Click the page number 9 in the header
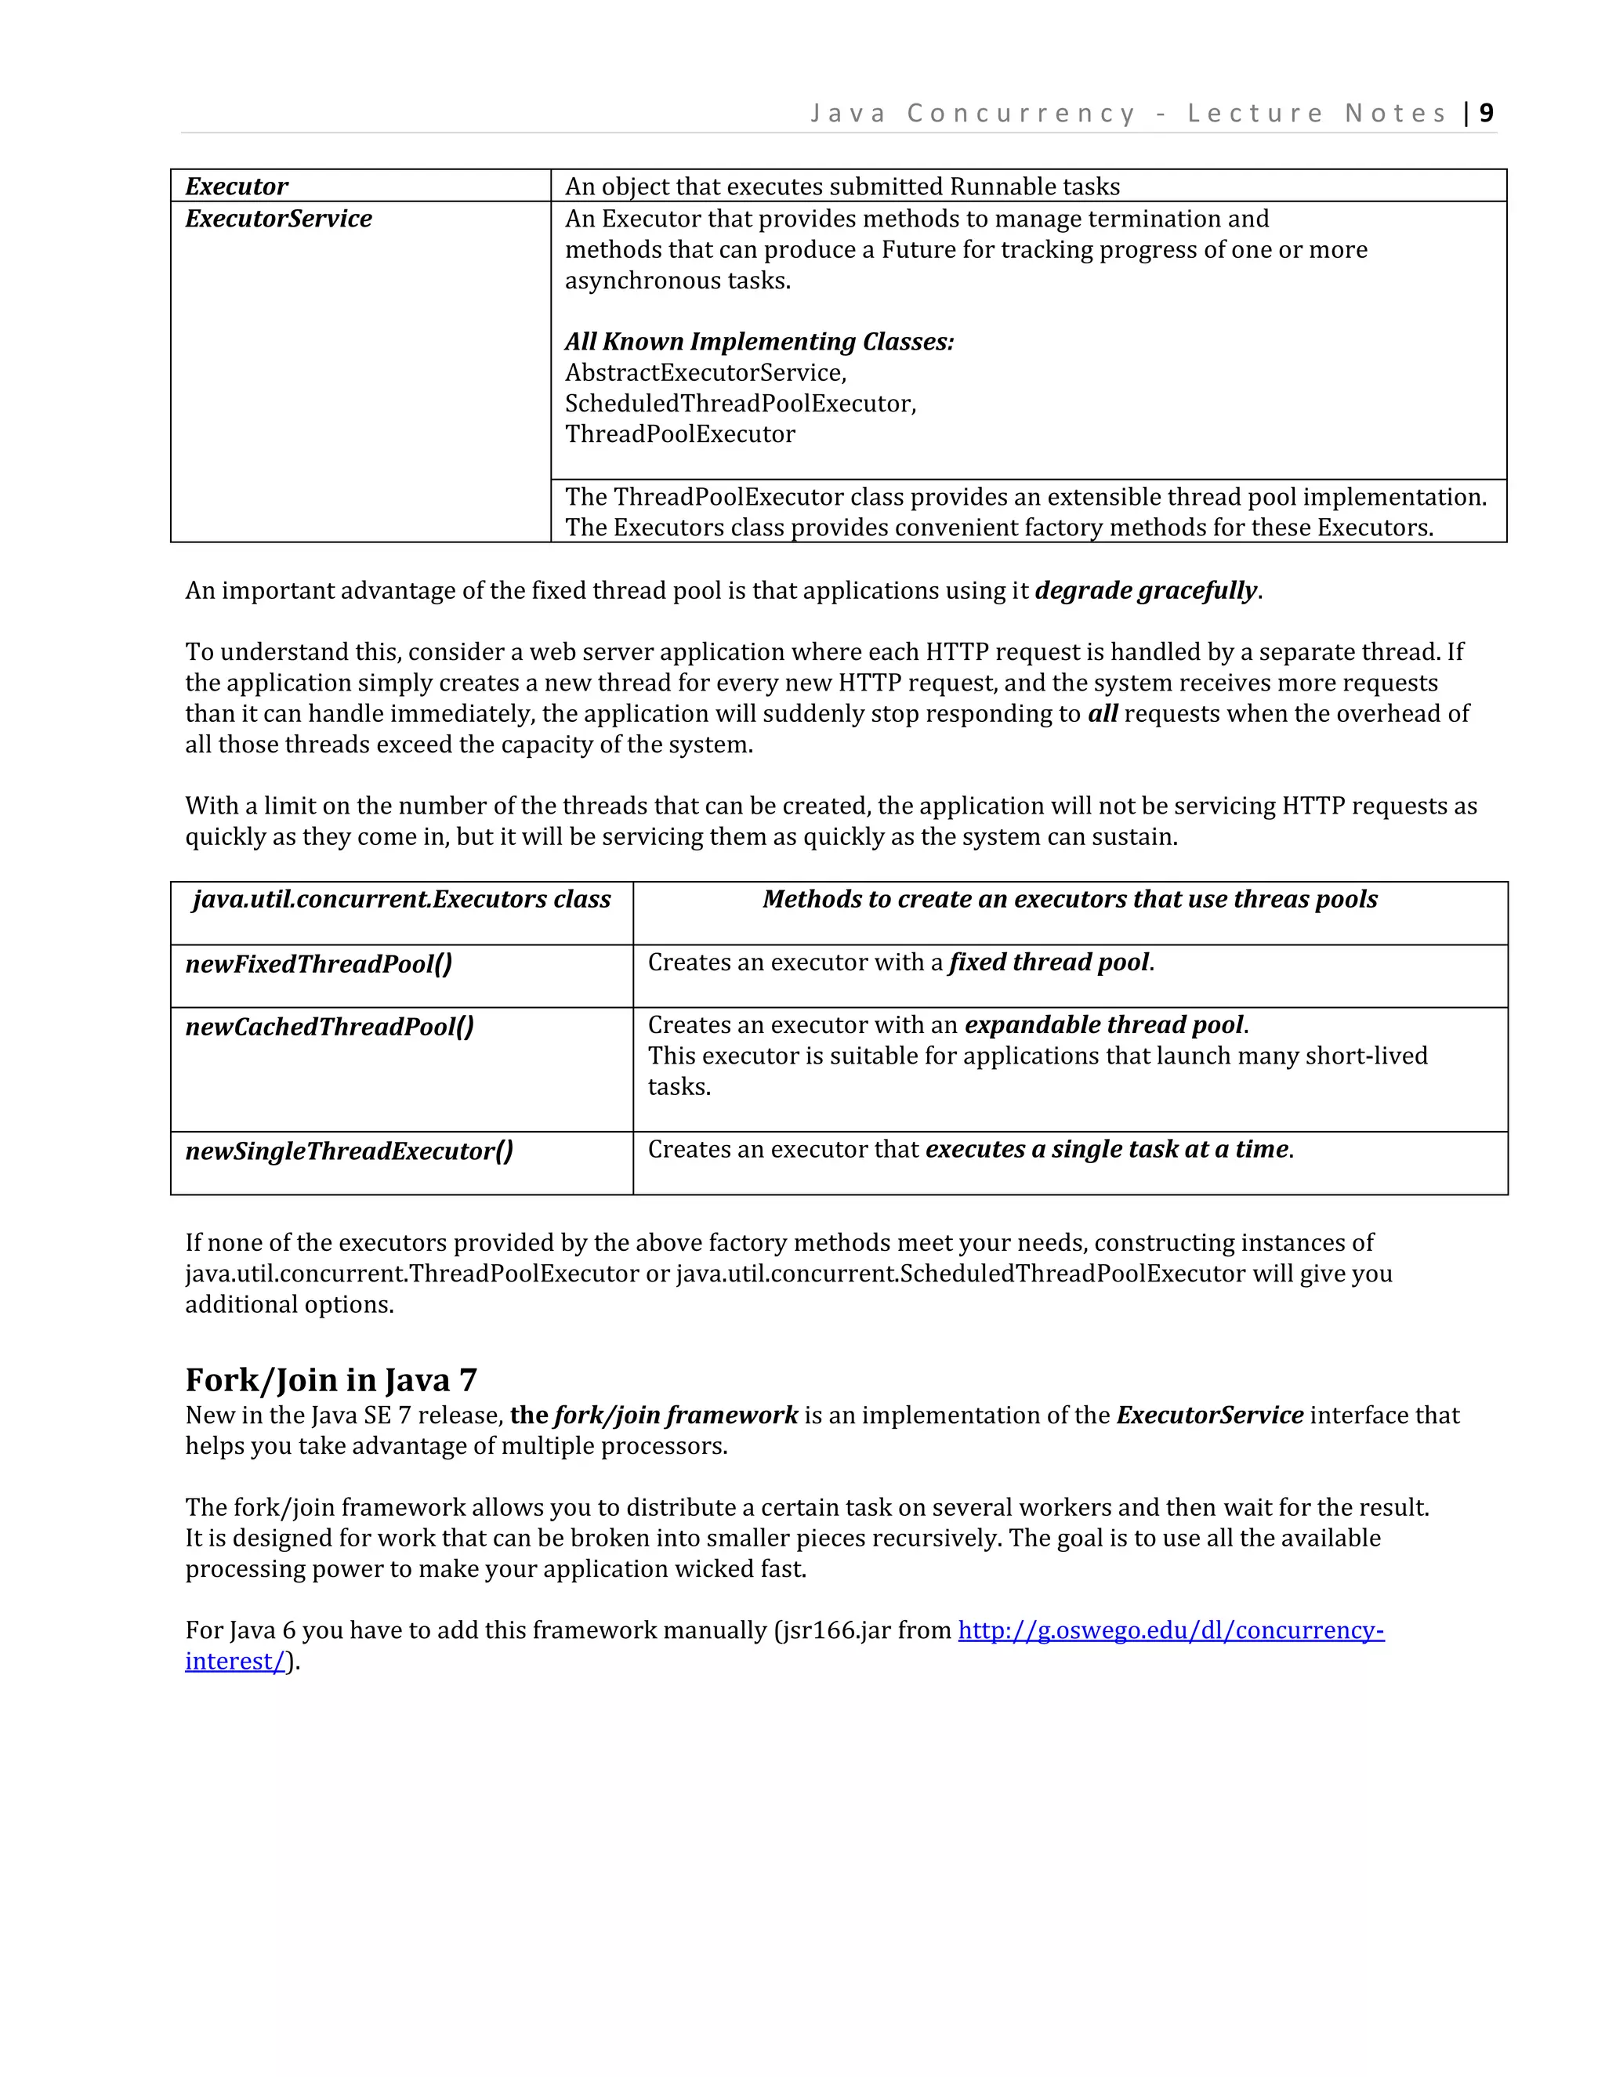click(x=1486, y=113)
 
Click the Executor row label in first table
click(x=236, y=187)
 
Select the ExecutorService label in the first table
click(x=277, y=219)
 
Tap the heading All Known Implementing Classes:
click(x=759, y=342)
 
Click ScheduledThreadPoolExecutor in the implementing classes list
click(x=740, y=403)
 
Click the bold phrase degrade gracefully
click(x=1146, y=591)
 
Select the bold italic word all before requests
click(x=1102, y=713)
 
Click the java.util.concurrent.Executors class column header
click(x=401, y=900)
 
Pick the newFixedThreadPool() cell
click(x=318, y=964)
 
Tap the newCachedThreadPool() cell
click(x=329, y=1027)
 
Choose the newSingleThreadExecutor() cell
click(x=349, y=1151)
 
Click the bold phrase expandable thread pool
click(x=1103, y=1025)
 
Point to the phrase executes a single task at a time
click(x=1107, y=1150)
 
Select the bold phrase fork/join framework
click(x=675, y=1415)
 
